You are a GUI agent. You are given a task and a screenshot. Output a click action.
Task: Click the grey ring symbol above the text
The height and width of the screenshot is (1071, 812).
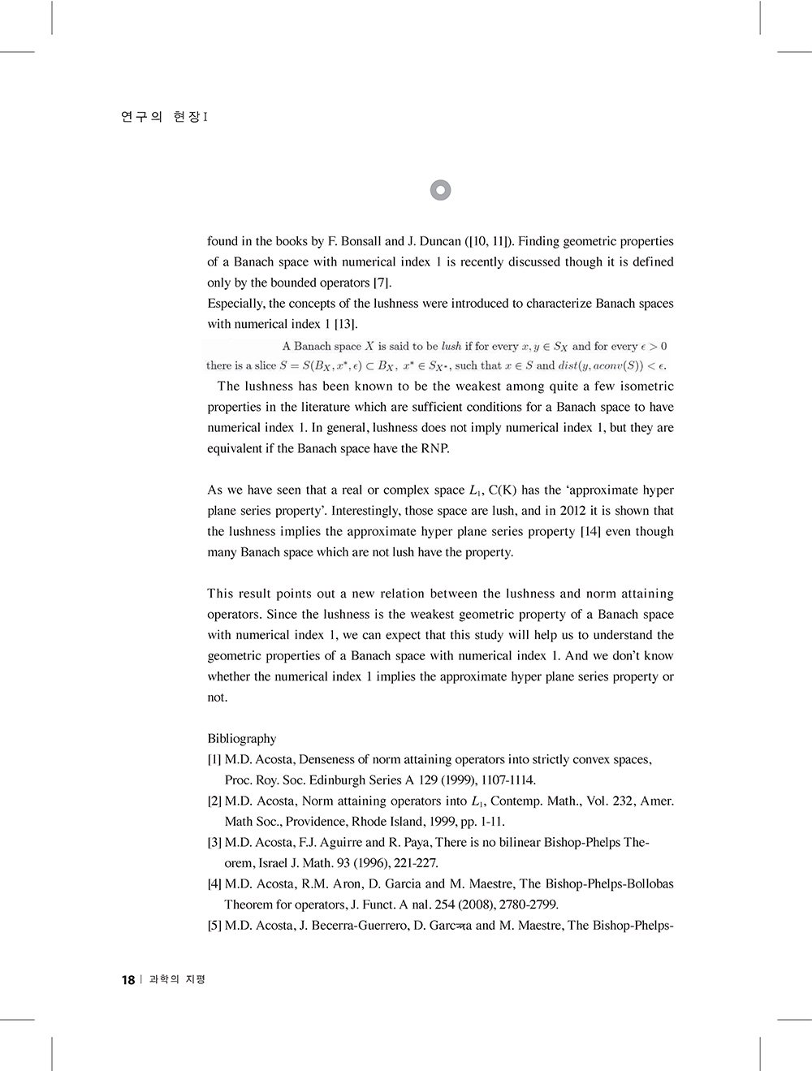pos(439,190)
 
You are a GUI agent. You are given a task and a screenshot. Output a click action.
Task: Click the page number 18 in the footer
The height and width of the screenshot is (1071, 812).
pos(127,980)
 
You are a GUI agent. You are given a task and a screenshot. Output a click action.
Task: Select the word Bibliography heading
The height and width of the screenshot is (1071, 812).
pos(241,739)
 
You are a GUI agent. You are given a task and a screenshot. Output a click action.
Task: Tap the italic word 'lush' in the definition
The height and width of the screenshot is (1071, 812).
pos(451,347)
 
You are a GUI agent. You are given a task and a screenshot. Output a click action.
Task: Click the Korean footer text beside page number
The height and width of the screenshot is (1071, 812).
pos(178,980)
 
